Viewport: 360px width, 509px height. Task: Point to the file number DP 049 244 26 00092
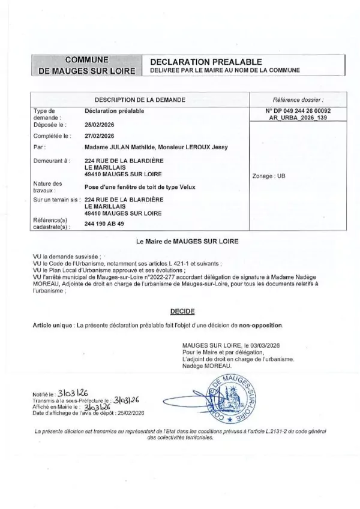click(x=298, y=112)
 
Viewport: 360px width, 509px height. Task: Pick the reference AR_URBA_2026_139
click(x=298, y=119)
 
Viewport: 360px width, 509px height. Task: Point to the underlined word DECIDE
click(x=179, y=311)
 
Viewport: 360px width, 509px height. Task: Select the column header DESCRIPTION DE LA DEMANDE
click(x=140, y=99)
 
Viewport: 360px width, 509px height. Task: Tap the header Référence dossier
click(x=298, y=99)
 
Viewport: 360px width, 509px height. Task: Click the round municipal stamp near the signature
click(x=234, y=395)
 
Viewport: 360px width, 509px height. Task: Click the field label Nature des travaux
click(x=49, y=186)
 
